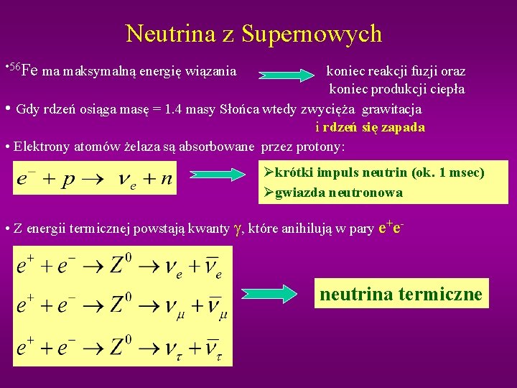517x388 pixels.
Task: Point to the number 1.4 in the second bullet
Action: [177, 109]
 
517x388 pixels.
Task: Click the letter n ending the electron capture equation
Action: [166, 179]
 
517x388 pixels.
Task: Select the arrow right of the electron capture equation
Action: [218, 174]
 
